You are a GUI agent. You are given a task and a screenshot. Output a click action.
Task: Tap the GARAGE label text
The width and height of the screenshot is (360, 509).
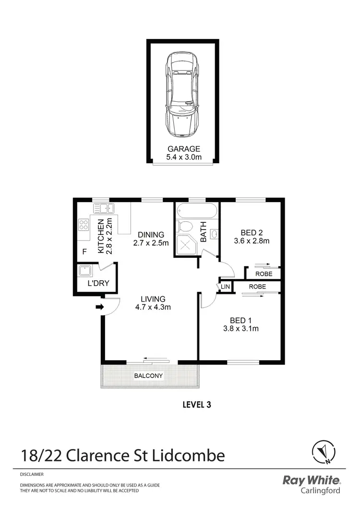coord(182,149)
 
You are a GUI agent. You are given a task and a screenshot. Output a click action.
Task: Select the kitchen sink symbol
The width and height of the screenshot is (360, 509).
coord(103,208)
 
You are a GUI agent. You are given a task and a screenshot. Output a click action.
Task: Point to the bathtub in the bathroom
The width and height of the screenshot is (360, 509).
coord(196,211)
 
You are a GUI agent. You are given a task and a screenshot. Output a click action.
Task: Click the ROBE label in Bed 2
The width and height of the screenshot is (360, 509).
coord(264,274)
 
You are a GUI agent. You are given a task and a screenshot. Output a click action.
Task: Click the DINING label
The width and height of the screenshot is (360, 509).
coord(151,235)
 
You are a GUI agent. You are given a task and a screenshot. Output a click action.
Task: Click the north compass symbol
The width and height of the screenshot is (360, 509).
coord(322,451)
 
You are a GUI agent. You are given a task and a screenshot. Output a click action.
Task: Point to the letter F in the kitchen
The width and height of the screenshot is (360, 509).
coord(84,251)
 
